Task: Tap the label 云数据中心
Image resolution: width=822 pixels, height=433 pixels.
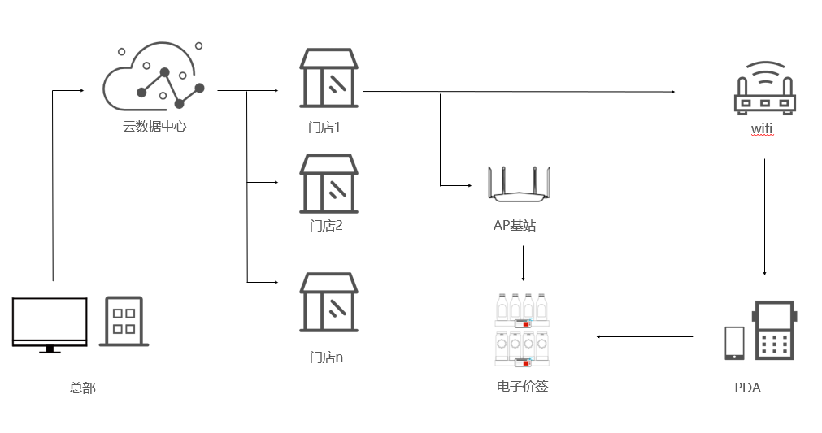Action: click(154, 127)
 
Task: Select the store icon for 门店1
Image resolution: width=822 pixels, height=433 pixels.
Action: click(328, 78)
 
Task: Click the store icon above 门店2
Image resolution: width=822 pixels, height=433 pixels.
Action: click(328, 184)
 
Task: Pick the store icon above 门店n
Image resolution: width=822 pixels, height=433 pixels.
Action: click(328, 302)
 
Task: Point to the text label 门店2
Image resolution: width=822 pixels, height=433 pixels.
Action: click(326, 225)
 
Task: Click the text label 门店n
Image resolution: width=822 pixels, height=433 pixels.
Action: click(326, 357)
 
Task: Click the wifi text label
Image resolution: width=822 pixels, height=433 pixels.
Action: click(762, 129)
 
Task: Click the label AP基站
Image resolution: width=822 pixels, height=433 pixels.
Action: click(515, 225)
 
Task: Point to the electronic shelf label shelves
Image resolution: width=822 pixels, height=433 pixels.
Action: click(522, 329)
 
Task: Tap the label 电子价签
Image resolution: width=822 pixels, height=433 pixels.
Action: click(522, 386)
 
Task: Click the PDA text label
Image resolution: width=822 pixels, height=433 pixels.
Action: click(747, 388)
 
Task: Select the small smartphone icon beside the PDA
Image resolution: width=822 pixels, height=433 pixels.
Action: click(734, 343)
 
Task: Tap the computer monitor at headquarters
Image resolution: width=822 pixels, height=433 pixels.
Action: click(50, 324)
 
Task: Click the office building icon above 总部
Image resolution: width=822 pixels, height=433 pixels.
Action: click(124, 321)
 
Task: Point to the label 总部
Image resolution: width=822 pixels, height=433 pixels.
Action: click(82, 388)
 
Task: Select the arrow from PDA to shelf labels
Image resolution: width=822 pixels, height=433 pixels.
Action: click(644, 336)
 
